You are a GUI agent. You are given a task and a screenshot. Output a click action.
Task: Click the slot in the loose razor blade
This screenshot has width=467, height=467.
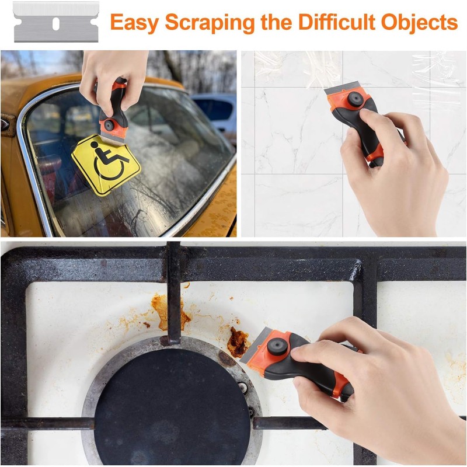56,23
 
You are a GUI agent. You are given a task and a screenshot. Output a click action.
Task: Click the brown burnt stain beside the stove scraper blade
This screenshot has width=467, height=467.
238,341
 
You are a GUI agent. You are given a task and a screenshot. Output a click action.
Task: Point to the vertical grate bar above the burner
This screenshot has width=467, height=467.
174,292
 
